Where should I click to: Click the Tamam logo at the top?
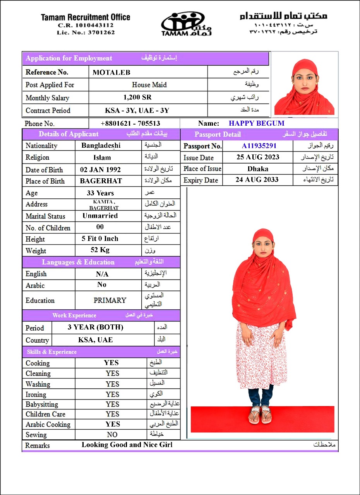[186, 24]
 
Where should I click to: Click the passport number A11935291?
[259, 146]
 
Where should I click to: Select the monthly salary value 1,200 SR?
[137, 97]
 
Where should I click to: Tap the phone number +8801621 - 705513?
[130, 124]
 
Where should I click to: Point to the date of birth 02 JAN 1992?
[100, 169]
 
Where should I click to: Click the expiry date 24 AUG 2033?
[257, 179]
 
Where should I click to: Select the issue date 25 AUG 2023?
[257, 157]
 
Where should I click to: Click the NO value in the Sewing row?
[112, 435]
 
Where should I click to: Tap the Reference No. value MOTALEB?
[111, 72]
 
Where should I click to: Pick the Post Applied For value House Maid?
[149, 85]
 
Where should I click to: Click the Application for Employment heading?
[69, 58]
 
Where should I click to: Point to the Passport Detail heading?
[218, 135]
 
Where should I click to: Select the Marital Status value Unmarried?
[100, 216]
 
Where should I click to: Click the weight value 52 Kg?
[100, 250]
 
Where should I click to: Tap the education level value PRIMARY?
[110, 300]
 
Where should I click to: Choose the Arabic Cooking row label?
[48, 424]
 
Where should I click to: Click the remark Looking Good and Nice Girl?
[127, 445]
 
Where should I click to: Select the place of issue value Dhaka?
[258, 169]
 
